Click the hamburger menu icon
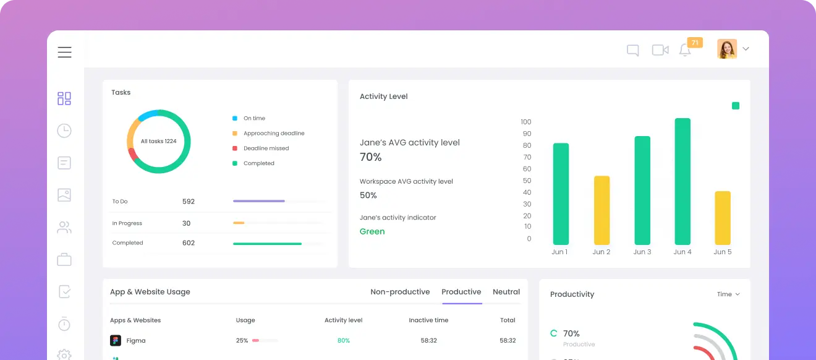64,53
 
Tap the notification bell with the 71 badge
685,50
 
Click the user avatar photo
726,49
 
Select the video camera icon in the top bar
660,50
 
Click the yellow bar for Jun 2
601,210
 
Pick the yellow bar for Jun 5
723,218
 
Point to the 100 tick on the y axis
526,122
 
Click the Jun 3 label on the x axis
642,252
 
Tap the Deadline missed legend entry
266,148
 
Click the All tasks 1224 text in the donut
158,141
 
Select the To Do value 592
189,202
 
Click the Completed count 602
189,243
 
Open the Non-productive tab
400,292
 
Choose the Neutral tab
506,292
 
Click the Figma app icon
116,341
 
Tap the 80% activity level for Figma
344,341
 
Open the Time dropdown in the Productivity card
728,294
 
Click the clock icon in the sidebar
64,131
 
